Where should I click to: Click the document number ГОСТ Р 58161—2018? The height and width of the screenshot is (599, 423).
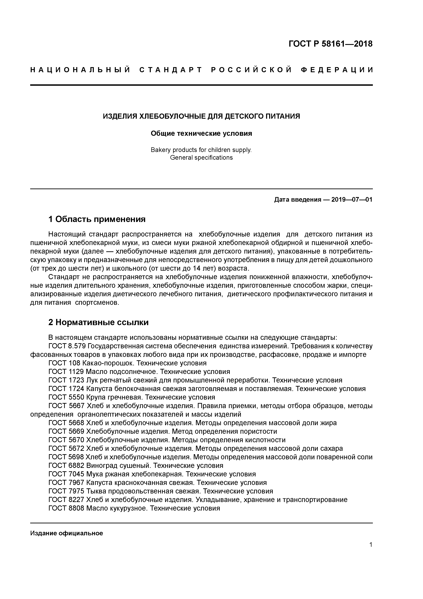[x=331, y=44]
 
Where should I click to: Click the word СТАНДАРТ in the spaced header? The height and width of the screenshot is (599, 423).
[x=171, y=70]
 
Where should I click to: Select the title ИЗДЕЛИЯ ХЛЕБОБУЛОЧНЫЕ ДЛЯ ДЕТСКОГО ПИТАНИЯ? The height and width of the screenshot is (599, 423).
[x=201, y=116]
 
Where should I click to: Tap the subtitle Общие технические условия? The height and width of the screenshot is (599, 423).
[x=201, y=134]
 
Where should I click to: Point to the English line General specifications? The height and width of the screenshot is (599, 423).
[x=201, y=158]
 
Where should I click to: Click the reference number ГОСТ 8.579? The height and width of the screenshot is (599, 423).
[x=67, y=346]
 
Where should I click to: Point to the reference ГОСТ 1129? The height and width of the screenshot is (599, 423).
[x=66, y=372]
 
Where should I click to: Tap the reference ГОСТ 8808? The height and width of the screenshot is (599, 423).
[x=66, y=508]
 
